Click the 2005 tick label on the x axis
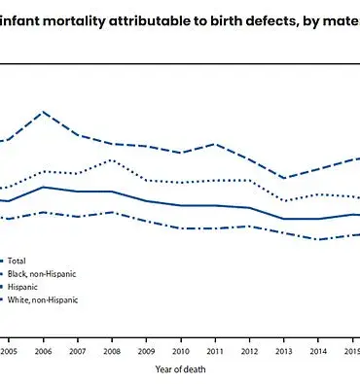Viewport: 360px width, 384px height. (x=8, y=351)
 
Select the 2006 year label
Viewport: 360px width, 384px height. (x=42, y=351)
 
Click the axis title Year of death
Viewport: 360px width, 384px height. (x=179, y=369)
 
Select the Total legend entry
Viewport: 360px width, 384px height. (x=18, y=261)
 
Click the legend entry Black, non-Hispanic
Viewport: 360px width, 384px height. (x=42, y=274)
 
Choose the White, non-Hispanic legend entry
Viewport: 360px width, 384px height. (x=43, y=299)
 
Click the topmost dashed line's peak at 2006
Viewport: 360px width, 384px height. (x=42, y=112)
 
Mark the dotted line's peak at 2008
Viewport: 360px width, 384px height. (x=111, y=159)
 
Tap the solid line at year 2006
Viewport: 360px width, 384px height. (x=42, y=187)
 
